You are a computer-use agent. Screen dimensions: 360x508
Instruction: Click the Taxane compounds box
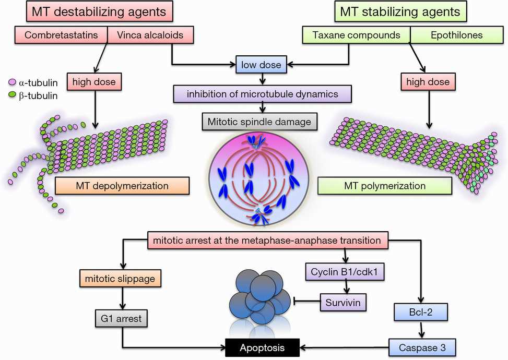click(x=356, y=36)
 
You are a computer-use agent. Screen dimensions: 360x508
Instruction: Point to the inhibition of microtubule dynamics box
click(x=263, y=94)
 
